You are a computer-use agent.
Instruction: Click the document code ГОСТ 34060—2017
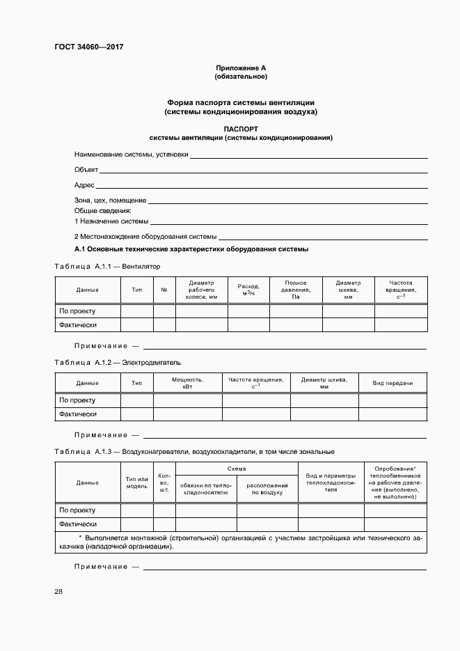pyautogui.click(x=88, y=47)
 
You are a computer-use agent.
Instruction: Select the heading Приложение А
pyautogui.click(x=240, y=68)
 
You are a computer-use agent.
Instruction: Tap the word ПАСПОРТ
pyautogui.click(x=241, y=129)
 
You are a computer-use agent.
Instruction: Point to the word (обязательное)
pyautogui.click(x=240, y=76)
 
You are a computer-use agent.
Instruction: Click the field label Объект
pyautogui.click(x=86, y=170)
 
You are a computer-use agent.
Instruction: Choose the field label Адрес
pyautogui.click(x=84, y=185)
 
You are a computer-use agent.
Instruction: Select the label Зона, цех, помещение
pyautogui.click(x=110, y=201)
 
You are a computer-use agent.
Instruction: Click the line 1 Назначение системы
pyautogui.click(x=111, y=221)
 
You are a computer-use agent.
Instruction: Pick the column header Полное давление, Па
pyautogui.click(x=296, y=290)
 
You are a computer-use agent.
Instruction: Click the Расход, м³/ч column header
pyautogui.click(x=248, y=290)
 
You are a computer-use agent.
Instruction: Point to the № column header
pyautogui.click(x=164, y=290)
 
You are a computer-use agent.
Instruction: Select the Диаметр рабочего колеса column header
pyautogui.click(x=202, y=290)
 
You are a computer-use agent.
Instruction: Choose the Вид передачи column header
pyautogui.click(x=392, y=383)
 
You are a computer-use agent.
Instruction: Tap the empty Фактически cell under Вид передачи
pyautogui.click(x=392, y=414)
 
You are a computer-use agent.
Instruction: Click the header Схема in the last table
pyautogui.click(x=237, y=469)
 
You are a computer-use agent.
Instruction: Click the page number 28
pyautogui.click(x=58, y=591)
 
